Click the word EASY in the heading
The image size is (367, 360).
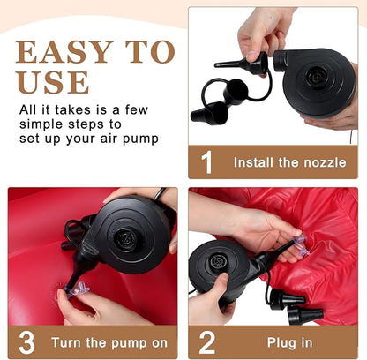[64, 52]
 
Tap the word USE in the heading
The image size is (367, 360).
[53, 82]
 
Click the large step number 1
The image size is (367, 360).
[206, 162]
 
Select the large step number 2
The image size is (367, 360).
[207, 342]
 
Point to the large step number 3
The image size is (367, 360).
[26, 342]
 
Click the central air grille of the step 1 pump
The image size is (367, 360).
[317, 77]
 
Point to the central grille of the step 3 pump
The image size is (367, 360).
[127, 239]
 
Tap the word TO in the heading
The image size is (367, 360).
[150, 52]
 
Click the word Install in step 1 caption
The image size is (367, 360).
[253, 162]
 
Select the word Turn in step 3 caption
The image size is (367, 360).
[66, 343]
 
